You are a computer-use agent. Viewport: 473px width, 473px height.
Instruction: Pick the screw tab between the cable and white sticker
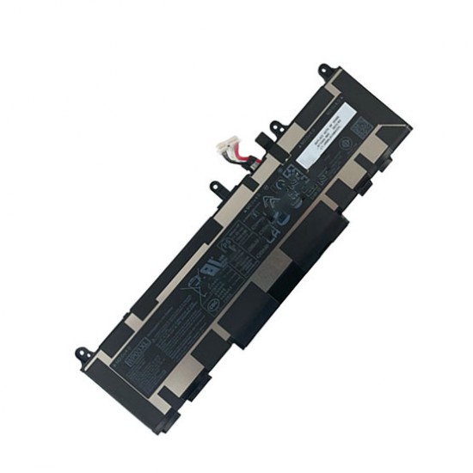tap(277, 129)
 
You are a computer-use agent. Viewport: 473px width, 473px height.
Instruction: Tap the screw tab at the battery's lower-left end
tap(84, 353)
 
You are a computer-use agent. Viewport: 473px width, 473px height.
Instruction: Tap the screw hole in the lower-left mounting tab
tap(83, 353)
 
